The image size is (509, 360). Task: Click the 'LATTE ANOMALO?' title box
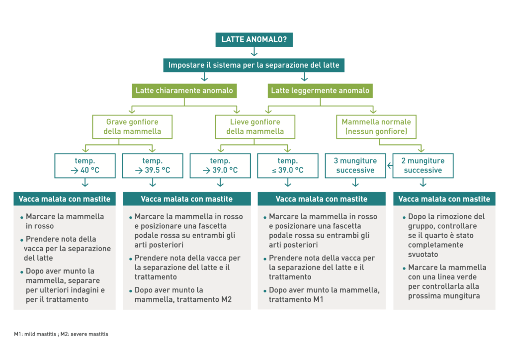click(x=254, y=39)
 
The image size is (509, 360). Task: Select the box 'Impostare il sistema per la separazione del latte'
click(x=254, y=65)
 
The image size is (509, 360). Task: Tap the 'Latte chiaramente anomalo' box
click(x=184, y=90)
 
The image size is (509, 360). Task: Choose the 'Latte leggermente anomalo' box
click(x=320, y=90)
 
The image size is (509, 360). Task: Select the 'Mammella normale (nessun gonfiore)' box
click(x=376, y=127)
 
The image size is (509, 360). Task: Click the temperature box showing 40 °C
click(x=85, y=166)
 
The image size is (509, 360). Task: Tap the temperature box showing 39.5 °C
click(x=153, y=166)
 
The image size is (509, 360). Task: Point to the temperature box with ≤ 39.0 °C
click(x=288, y=166)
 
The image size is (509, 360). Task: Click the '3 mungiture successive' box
click(x=355, y=166)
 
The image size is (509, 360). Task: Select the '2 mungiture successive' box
click(x=423, y=166)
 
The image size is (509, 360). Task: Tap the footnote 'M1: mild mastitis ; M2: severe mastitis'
click(x=61, y=334)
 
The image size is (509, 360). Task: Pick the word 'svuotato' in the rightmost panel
click(x=423, y=254)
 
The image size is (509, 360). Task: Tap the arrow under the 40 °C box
click(x=85, y=183)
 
